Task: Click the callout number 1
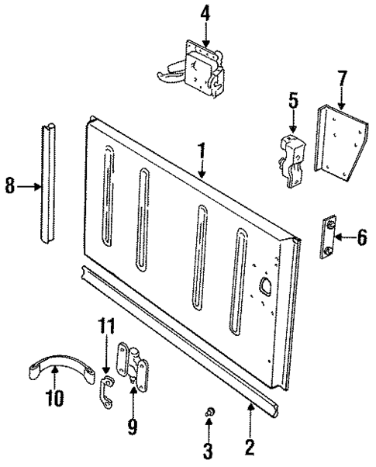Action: coord(201,151)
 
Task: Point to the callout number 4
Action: coord(205,13)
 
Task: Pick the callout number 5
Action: coord(293,100)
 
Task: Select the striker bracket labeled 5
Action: coord(292,159)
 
